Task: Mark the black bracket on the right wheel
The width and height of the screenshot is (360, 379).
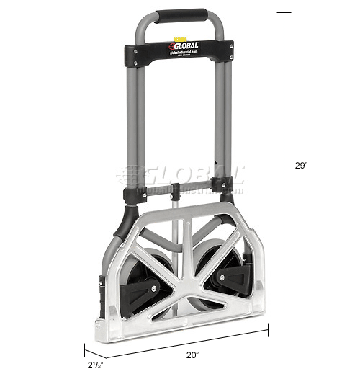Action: (x=229, y=277)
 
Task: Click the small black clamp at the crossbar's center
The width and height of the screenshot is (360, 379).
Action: (x=175, y=192)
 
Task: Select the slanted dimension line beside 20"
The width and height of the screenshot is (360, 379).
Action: (x=187, y=344)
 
